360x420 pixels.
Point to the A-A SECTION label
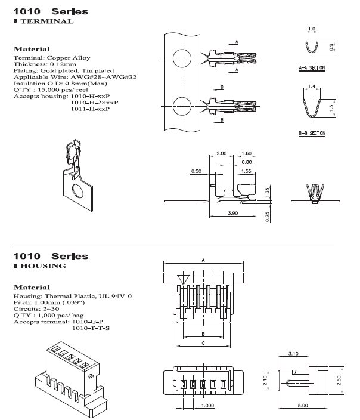[x=311, y=69]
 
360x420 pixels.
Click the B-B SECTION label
[x=311, y=133]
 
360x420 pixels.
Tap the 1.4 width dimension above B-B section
[x=312, y=87]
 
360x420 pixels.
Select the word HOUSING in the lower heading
[x=44, y=265]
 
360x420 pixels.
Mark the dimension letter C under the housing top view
[x=204, y=344]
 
